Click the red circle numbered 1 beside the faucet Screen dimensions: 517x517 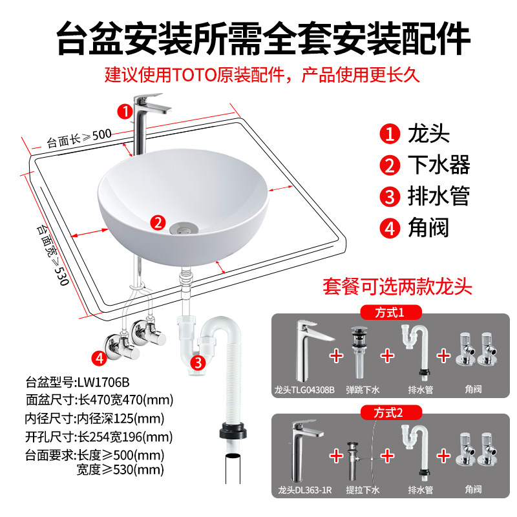124,111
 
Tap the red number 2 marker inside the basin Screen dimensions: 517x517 157,223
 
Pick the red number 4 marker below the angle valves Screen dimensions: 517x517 99,357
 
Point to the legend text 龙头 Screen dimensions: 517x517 428,135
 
